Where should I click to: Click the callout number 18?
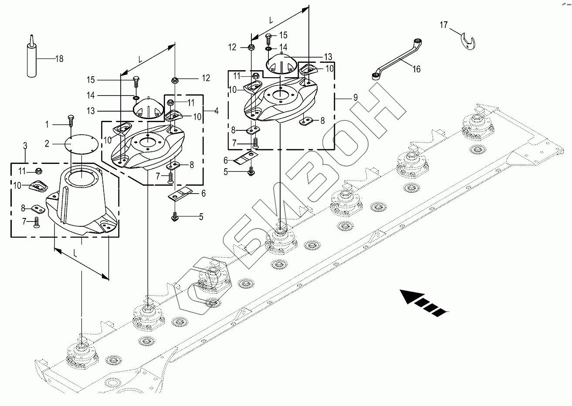point(59,59)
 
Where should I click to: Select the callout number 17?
point(444,25)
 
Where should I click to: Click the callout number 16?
point(416,69)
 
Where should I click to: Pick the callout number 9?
point(355,97)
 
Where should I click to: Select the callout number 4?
point(217,111)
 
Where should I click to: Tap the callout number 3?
point(25,146)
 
